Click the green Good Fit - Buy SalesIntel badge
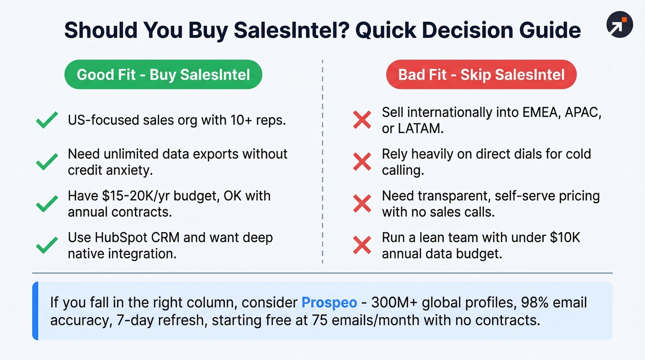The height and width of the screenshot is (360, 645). [x=163, y=74]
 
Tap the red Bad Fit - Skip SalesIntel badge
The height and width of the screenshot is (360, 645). [x=481, y=74]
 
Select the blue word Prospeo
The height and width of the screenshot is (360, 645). [x=329, y=303]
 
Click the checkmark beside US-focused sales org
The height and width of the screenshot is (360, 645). [x=47, y=120]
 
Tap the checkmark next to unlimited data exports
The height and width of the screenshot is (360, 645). [x=47, y=162]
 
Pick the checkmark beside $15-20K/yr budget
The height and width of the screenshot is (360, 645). [x=47, y=204]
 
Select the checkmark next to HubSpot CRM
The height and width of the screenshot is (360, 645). [x=47, y=245]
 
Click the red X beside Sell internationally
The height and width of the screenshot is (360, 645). [x=362, y=120]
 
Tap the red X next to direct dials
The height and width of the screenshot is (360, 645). [x=362, y=162]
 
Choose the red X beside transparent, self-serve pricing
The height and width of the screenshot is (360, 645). [x=362, y=204]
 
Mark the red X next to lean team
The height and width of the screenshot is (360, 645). [x=362, y=245]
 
